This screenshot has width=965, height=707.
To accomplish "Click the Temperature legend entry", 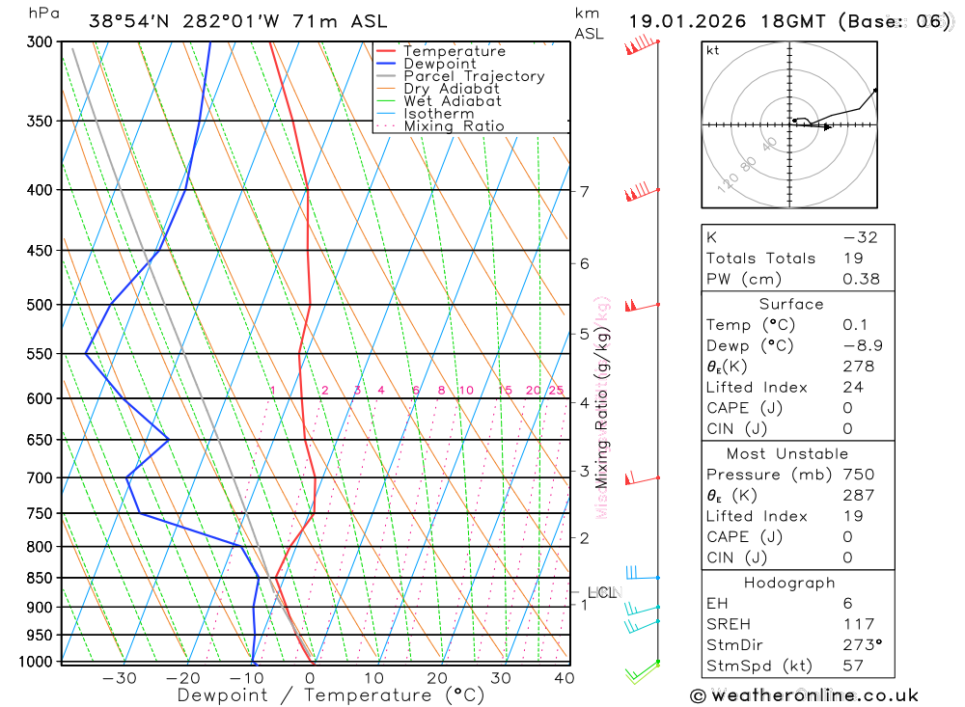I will pyautogui.click(x=454, y=51).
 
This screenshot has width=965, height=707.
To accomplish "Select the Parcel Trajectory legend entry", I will pyautogui.click(x=474, y=76).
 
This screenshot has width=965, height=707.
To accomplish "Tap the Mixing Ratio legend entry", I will pyautogui.click(x=454, y=126).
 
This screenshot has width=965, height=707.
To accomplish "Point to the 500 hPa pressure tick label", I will pyautogui.click(x=40, y=305).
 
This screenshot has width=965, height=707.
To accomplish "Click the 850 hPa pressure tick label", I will pyautogui.click(x=40, y=578).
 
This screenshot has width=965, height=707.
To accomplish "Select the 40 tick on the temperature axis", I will pyautogui.click(x=565, y=678).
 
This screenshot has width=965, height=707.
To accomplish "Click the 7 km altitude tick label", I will pyautogui.click(x=585, y=191).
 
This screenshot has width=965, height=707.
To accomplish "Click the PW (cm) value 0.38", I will pyautogui.click(x=861, y=279).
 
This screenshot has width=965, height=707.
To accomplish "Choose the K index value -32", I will pyautogui.click(x=860, y=237).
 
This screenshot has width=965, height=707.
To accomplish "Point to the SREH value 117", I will pyautogui.click(x=858, y=624).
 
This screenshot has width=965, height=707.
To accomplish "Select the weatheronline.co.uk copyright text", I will pyautogui.click(x=804, y=695).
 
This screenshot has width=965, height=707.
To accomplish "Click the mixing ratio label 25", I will pyautogui.click(x=556, y=391).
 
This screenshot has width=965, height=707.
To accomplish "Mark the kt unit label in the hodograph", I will pyautogui.click(x=713, y=50).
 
